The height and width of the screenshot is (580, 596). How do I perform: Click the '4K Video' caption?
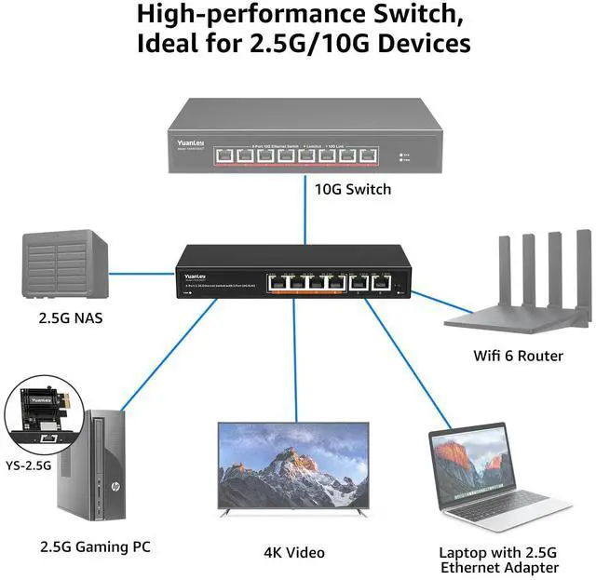pos(293,553)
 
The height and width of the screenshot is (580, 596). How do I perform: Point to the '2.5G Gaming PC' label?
pos(95,546)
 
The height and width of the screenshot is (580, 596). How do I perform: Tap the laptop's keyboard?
pos(507,505)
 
